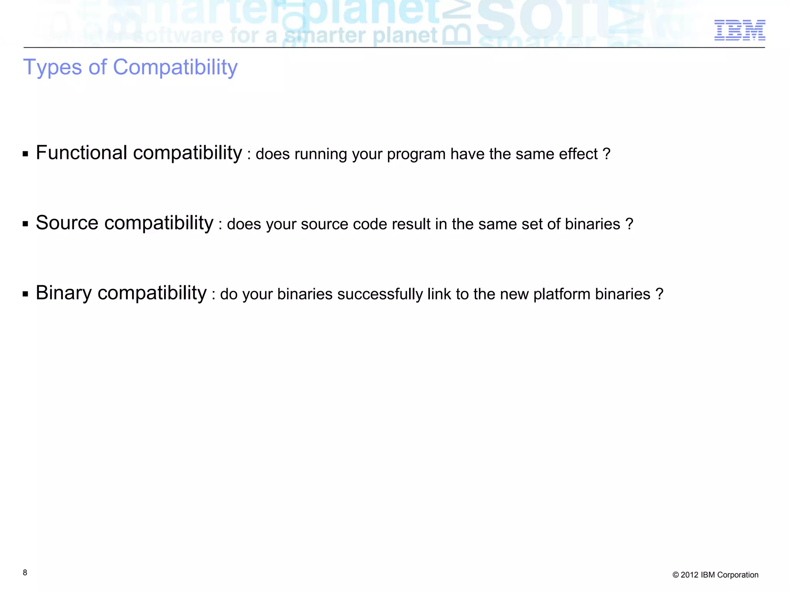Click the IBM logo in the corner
coord(740,30)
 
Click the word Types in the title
coord(53,68)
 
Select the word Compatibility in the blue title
coord(175,67)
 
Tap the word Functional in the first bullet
coord(81,153)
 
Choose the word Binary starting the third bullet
coord(64,293)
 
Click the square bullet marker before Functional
coord(25,154)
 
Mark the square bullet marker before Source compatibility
coord(25,224)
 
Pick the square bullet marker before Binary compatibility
coord(25,294)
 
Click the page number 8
coord(25,573)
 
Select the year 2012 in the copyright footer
coord(689,575)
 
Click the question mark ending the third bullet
coord(659,294)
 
